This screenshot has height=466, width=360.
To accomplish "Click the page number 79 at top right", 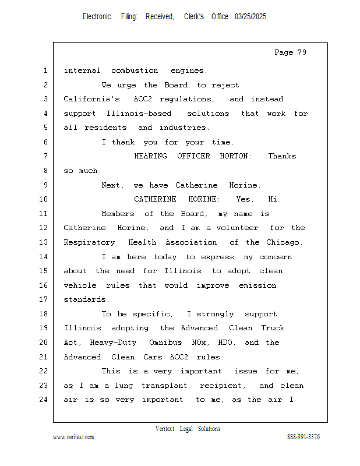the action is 302,52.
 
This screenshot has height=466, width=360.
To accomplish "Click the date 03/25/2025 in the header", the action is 250,17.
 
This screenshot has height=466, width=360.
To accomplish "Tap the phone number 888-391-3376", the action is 303,436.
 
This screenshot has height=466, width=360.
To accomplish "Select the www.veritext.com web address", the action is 73,437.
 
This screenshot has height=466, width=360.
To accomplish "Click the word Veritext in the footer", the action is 165,429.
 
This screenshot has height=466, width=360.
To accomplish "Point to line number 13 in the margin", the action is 44,242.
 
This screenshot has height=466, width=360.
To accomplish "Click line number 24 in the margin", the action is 44,399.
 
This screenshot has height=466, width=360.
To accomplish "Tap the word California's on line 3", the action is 92,99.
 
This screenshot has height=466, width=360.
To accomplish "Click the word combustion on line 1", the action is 135,70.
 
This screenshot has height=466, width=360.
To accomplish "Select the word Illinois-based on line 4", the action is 139,114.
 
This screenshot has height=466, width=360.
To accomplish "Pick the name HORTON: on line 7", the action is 236,156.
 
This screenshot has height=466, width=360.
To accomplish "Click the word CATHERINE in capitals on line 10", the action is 155,199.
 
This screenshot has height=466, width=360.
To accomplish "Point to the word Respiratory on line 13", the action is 89,242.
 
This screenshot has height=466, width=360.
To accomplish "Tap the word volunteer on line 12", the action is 237,228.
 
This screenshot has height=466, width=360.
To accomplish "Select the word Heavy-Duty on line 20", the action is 113,343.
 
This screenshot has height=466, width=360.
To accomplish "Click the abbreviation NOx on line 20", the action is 199,343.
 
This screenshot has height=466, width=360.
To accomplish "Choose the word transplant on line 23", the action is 164,386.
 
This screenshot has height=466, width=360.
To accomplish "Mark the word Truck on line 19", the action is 273,328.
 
